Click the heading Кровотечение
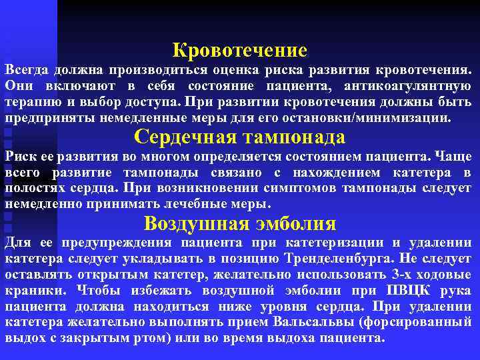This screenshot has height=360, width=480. pos(240,50)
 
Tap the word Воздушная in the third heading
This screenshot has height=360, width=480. pos(186,223)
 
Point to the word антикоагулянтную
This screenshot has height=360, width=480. pos(409,87)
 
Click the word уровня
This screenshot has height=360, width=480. pos(259,307)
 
